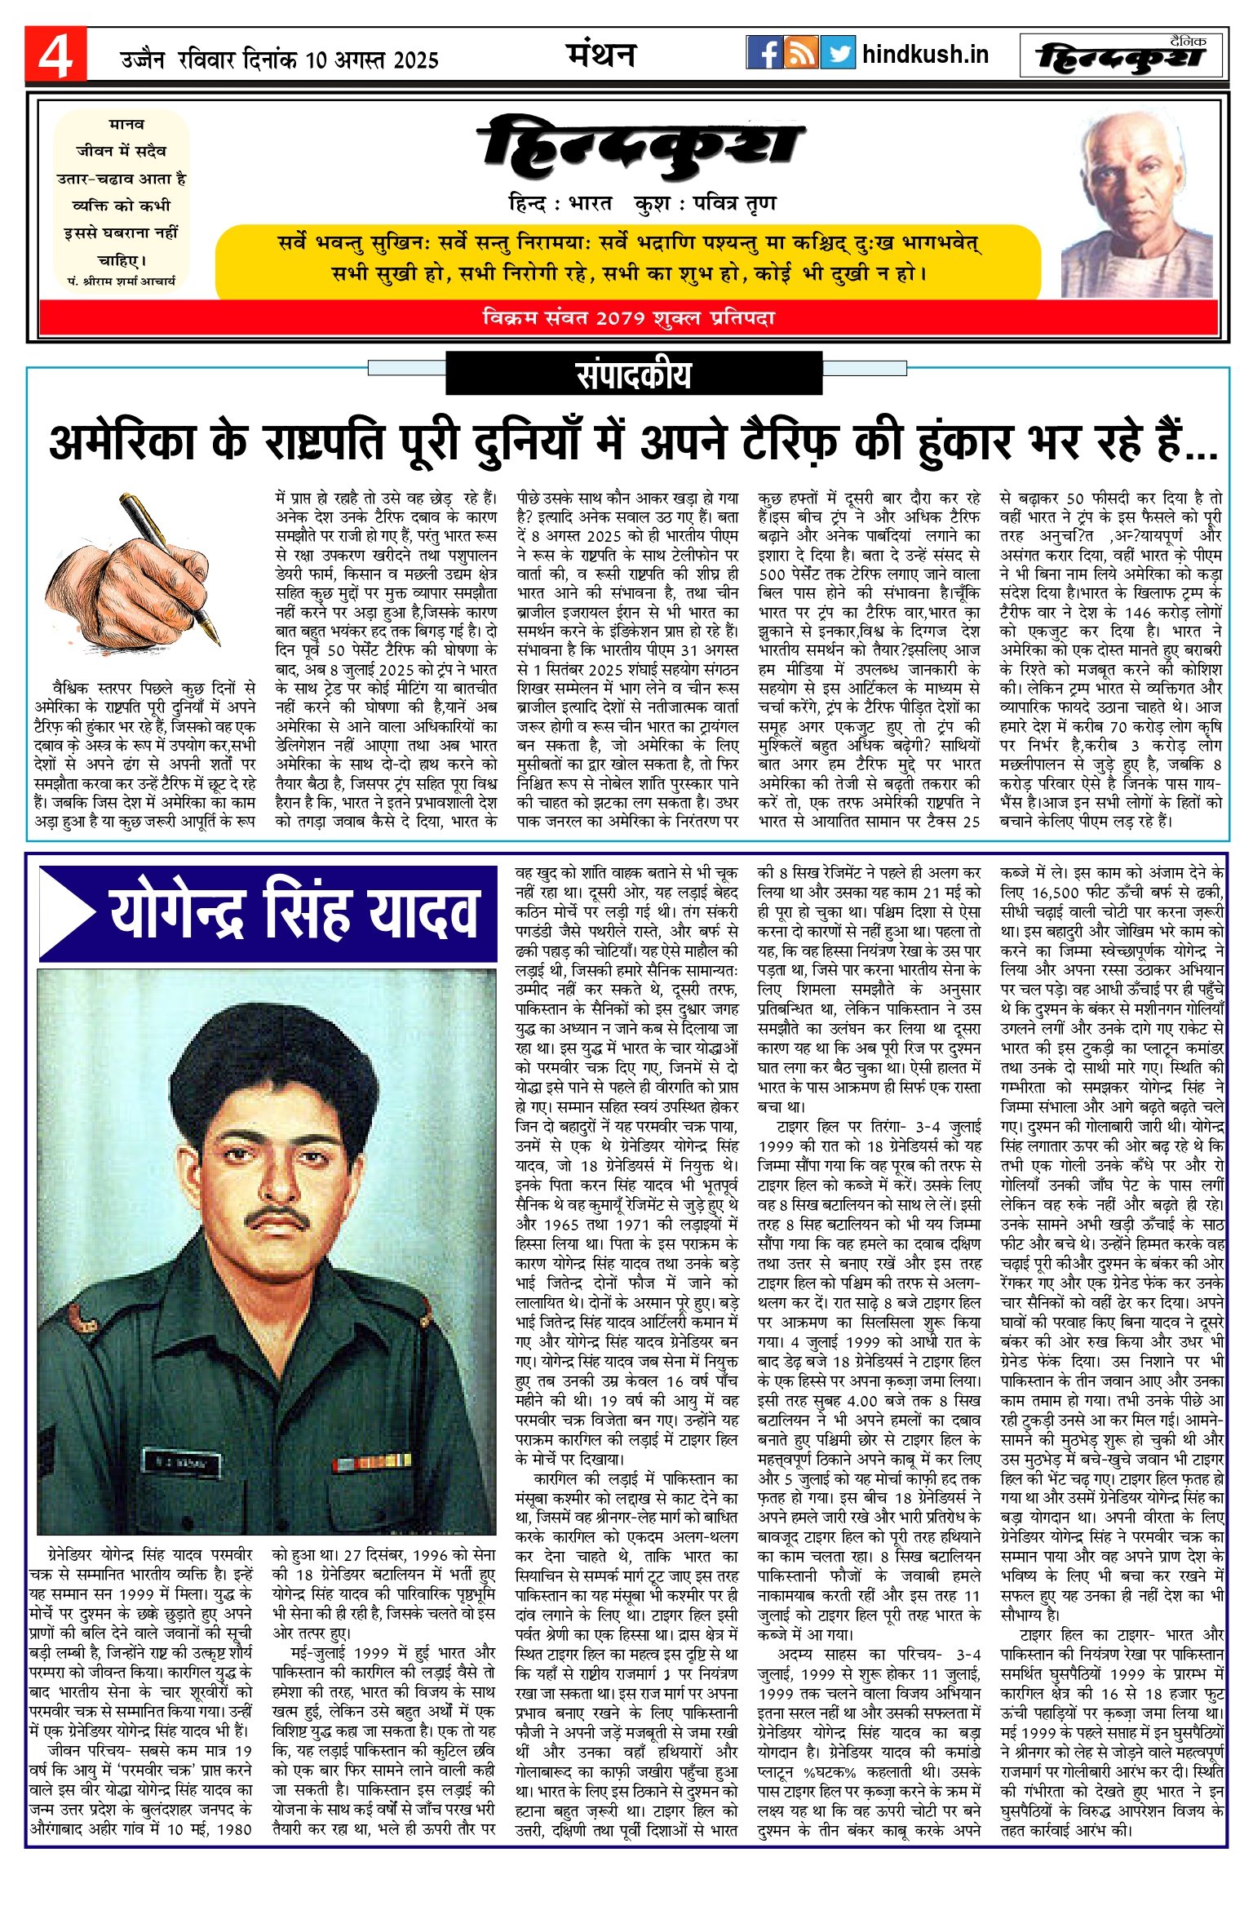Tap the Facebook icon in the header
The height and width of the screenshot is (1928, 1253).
764,53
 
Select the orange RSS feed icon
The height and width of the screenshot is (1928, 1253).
801,53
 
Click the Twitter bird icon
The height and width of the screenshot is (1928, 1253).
838,53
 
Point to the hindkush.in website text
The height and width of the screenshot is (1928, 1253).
925,55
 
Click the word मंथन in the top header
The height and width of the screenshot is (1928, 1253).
600,55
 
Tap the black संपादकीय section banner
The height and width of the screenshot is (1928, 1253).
634,374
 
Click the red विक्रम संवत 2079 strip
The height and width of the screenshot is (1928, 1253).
628,317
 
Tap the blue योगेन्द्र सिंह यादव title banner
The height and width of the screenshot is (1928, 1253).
269,913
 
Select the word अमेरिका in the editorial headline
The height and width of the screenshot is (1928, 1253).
122,442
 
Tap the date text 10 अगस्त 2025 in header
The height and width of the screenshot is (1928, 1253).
372,60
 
